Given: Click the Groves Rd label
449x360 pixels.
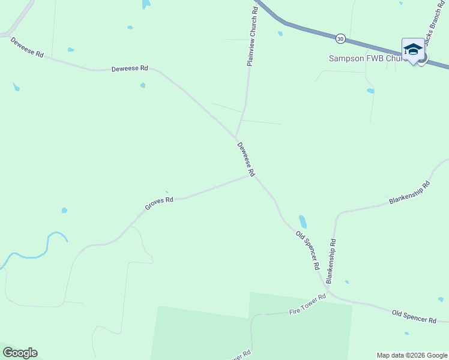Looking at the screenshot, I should pyautogui.click(x=159, y=203).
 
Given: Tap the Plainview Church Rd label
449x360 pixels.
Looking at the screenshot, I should pyautogui.click(x=254, y=37).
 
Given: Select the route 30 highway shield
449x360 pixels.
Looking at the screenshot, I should pyautogui.click(x=340, y=38).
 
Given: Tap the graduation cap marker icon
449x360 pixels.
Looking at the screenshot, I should pyautogui.click(x=413, y=49).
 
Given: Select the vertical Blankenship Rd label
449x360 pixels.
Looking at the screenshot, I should pyautogui.click(x=331, y=260).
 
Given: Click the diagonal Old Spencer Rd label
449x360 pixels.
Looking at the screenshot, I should pyautogui.click(x=307, y=249).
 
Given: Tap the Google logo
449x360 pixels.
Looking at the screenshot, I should pyautogui.click(x=20, y=353).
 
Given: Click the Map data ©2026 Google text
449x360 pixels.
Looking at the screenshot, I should pyautogui.click(x=411, y=355).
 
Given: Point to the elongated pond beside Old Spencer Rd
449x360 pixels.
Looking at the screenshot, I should pyautogui.click(x=303, y=222).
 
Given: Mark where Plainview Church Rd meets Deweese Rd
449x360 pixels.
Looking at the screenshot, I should pyautogui.click(x=236, y=138).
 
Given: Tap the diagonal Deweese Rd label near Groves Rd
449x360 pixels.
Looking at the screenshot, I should pyautogui.click(x=246, y=158).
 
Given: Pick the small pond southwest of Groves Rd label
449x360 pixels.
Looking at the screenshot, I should pyautogui.click(x=64, y=211).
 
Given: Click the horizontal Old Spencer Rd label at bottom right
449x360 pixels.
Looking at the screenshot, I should pyautogui.click(x=414, y=316).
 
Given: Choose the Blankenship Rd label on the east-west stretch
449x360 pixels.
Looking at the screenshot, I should pyautogui.click(x=410, y=193).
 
